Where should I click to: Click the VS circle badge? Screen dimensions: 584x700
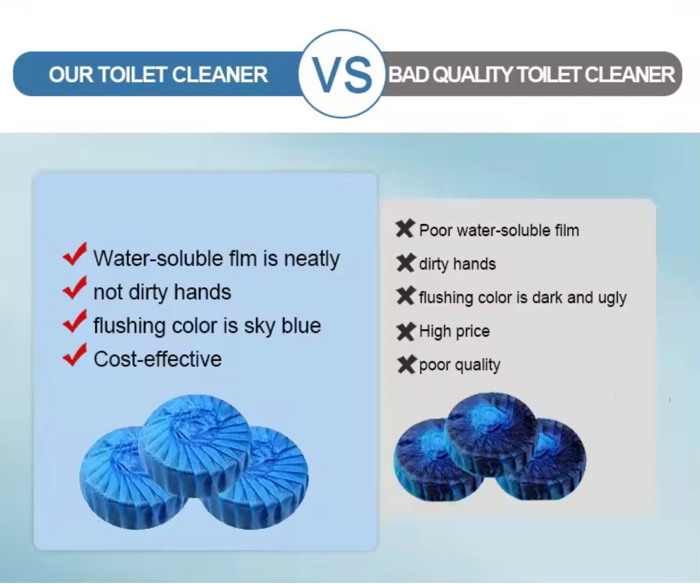tap(342, 74)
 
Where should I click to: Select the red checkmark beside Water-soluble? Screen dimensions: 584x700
tap(75, 254)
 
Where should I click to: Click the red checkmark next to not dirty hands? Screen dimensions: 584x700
tap(75, 288)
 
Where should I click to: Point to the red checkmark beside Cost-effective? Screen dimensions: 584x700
tap(75, 355)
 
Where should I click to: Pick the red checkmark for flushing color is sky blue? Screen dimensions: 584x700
tap(75, 321)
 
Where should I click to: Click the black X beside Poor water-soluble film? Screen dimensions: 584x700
tap(405, 229)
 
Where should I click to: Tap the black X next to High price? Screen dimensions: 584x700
tap(406, 331)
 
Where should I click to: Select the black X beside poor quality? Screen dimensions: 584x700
tap(407, 364)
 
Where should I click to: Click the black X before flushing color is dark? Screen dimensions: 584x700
tap(406, 297)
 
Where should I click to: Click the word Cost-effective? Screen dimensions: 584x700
tap(158, 359)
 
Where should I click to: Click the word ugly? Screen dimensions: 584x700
tap(612, 298)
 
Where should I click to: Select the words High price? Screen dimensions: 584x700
tap(454, 331)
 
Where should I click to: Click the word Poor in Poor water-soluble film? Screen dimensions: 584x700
tap(436, 230)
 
